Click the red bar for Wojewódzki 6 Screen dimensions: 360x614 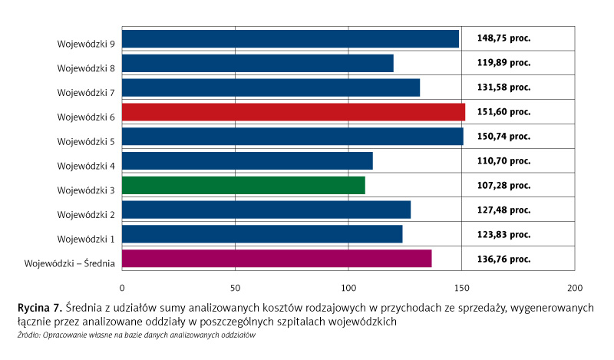[293, 112]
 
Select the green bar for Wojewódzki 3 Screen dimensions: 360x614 [243, 186]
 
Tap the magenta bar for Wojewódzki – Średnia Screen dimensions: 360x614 [276, 259]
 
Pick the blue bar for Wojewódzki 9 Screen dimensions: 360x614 [290, 38]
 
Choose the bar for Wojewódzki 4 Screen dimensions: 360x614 [247, 161]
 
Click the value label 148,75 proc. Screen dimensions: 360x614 [503, 38]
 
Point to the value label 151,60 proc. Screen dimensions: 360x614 [503, 111]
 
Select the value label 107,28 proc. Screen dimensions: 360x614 [503, 185]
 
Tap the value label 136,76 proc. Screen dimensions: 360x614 [503, 259]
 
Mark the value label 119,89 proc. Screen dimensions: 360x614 [503, 62]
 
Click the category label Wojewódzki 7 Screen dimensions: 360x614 [86, 93]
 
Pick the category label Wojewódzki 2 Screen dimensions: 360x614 [86, 215]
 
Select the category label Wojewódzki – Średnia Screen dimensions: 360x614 [70, 264]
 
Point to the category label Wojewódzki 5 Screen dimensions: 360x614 [86, 142]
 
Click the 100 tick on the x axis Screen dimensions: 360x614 [348, 289]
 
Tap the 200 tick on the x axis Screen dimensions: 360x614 [574, 289]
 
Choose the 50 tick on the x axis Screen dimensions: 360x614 [235, 289]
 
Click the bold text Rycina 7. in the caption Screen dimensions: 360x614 [40, 307]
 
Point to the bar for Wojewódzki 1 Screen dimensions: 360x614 [262, 234]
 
